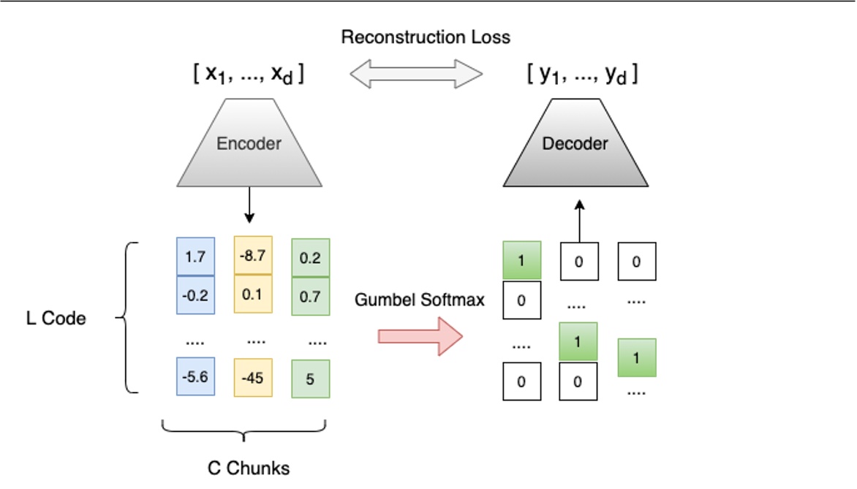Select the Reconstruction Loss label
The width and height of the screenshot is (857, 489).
pyautogui.click(x=426, y=37)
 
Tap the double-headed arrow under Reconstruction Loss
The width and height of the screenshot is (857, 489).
pyautogui.click(x=416, y=74)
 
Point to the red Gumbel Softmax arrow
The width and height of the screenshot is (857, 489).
pyautogui.click(x=420, y=336)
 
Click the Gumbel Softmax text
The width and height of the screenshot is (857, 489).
pyautogui.click(x=420, y=300)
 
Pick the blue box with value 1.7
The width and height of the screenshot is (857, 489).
pyautogui.click(x=195, y=257)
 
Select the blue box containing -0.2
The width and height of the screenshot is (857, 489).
pyautogui.click(x=195, y=295)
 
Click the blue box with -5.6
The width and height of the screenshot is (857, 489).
pyautogui.click(x=195, y=377)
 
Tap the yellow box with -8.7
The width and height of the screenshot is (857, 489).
pyautogui.click(x=253, y=255)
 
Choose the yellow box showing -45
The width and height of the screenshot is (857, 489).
pyautogui.click(x=253, y=377)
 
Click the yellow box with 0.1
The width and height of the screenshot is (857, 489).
pyautogui.click(x=253, y=294)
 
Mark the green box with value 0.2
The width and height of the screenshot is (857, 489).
pyautogui.click(x=310, y=257)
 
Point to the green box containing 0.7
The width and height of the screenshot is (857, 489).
pyautogui.click(x=310, y=295)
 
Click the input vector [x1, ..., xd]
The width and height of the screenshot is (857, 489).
pyautogui.click(x=249, y=75)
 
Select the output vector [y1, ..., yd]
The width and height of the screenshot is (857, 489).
pyautogui.click(x=582, y=75)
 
